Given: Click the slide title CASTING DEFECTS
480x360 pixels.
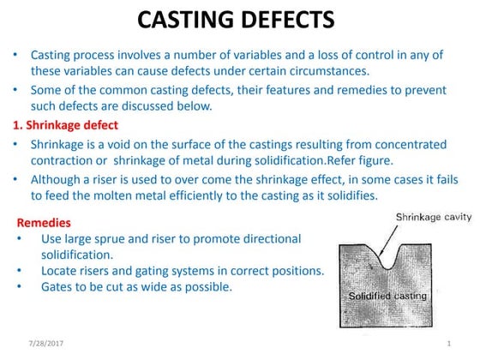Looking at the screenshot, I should (x=239, y=21).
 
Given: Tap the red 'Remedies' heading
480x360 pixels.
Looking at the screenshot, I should (x=45, y=222).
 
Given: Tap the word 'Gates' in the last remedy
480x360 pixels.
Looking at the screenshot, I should (x=57, y=288).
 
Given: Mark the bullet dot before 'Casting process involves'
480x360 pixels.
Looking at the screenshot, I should (x=16, y=55).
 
